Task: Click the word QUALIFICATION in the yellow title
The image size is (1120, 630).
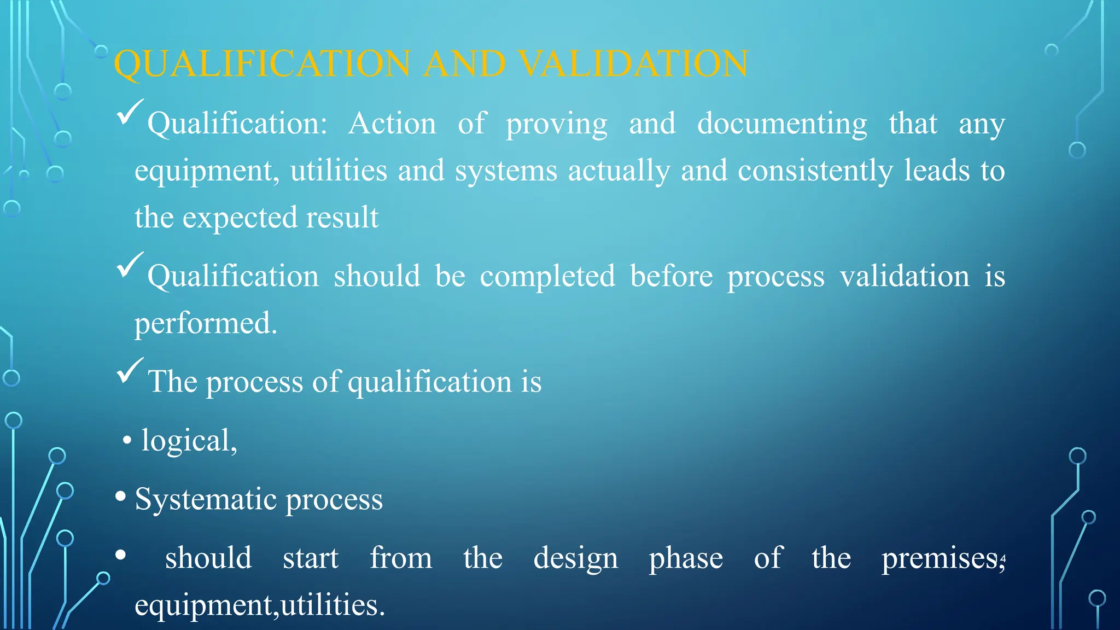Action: click(262, 64)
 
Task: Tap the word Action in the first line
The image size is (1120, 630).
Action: click(392, 124)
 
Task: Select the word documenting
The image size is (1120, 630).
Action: click(782, 124)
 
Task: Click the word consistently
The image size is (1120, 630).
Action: click(815, 171)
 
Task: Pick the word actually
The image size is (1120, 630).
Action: click(619, 171)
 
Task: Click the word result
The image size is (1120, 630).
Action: click(342, 218)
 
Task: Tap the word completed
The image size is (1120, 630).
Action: click(547, 277)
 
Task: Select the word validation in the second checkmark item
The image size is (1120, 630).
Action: click(905, 276)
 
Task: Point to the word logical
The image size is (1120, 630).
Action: click(187, 441)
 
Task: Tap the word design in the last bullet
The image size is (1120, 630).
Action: click(575, 559)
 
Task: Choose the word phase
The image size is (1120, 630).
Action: click(686, 559)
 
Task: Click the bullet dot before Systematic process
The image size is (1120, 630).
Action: click(121, 497)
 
